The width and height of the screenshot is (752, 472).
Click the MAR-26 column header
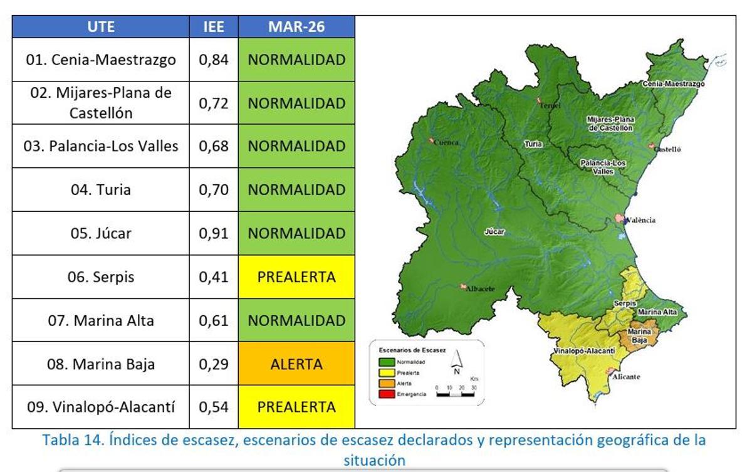[x=296, y=28]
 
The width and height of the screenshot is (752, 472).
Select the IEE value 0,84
[x=214, y=60]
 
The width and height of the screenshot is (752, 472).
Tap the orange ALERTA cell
[x=296, y=364]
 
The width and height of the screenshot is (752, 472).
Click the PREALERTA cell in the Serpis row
[x=296, y=277]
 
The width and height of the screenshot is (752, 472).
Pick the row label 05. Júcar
[x=101, y=233]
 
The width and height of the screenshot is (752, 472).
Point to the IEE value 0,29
[x=214, y=364]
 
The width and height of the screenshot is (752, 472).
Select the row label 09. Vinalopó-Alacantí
[x=101, y=407]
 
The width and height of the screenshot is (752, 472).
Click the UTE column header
[x=101, y=28]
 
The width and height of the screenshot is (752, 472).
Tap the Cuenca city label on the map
[x=447, y=142]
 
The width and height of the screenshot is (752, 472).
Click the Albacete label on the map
[x=480, y=288]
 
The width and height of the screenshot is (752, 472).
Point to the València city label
[x=640, y=220]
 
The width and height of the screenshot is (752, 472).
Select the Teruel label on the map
[x=550, y=105]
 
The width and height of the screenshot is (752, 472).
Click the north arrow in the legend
[x=456, y=362]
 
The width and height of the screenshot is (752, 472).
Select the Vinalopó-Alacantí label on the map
[x=583, y=351]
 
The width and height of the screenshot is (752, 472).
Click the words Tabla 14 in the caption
[x=68, y=440]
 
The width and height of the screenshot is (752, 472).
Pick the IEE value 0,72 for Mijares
[x=214, y=103]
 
